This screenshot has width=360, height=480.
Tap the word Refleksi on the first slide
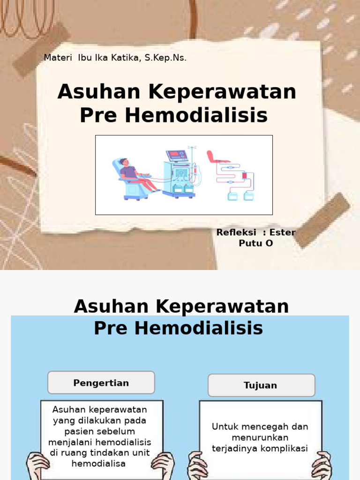point(236,232)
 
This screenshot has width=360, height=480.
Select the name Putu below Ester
point(249,243)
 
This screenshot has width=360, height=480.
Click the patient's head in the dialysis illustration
point(124,162)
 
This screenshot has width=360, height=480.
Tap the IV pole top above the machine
point(192,148)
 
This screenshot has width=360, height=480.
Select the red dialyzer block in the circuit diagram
point(244,175)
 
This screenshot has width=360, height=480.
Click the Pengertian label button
point(101,383)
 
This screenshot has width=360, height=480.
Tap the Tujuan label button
point(261,385)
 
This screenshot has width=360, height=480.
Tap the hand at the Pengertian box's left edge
point(37,466)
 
